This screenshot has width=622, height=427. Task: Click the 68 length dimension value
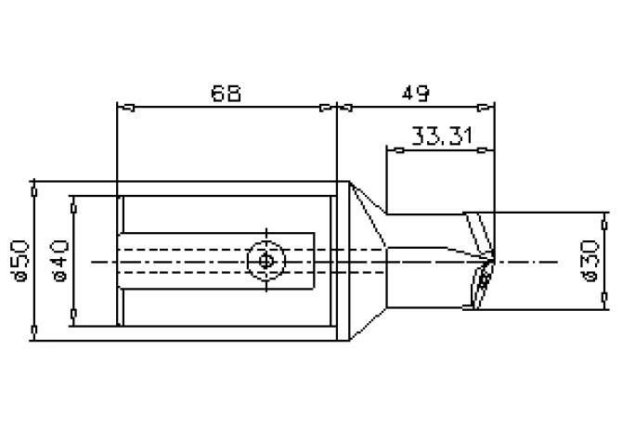[x=226, y=93]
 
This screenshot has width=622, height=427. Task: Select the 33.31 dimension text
[x=442, y=137]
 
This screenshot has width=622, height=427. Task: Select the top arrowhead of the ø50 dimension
[x=34, y=187]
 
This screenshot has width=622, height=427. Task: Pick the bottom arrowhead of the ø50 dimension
[x=34, y=330]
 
